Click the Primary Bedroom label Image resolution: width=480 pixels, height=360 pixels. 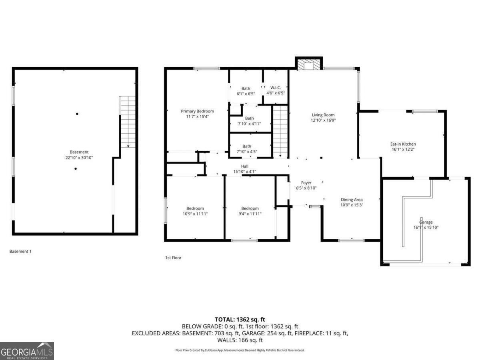[197, 111]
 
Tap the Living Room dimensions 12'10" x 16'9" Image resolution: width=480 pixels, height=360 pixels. [323, 120]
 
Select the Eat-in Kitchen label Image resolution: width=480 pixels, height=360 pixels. [403, 144]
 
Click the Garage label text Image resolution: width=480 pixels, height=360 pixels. [426, 222]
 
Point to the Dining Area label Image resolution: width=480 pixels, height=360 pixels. [352, 200]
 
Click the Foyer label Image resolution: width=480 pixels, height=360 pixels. [306, 183]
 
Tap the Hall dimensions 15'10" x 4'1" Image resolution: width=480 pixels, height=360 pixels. [244, 172]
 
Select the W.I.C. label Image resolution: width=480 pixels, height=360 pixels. [276, 88]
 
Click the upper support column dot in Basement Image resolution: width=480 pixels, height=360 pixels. [77, 114]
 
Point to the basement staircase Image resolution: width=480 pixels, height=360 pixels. [128, 122]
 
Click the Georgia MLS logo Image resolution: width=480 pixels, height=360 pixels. [27, 351]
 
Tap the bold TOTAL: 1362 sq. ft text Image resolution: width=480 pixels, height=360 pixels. [240, 319]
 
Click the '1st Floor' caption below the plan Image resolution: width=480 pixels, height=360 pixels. [173, 258]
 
